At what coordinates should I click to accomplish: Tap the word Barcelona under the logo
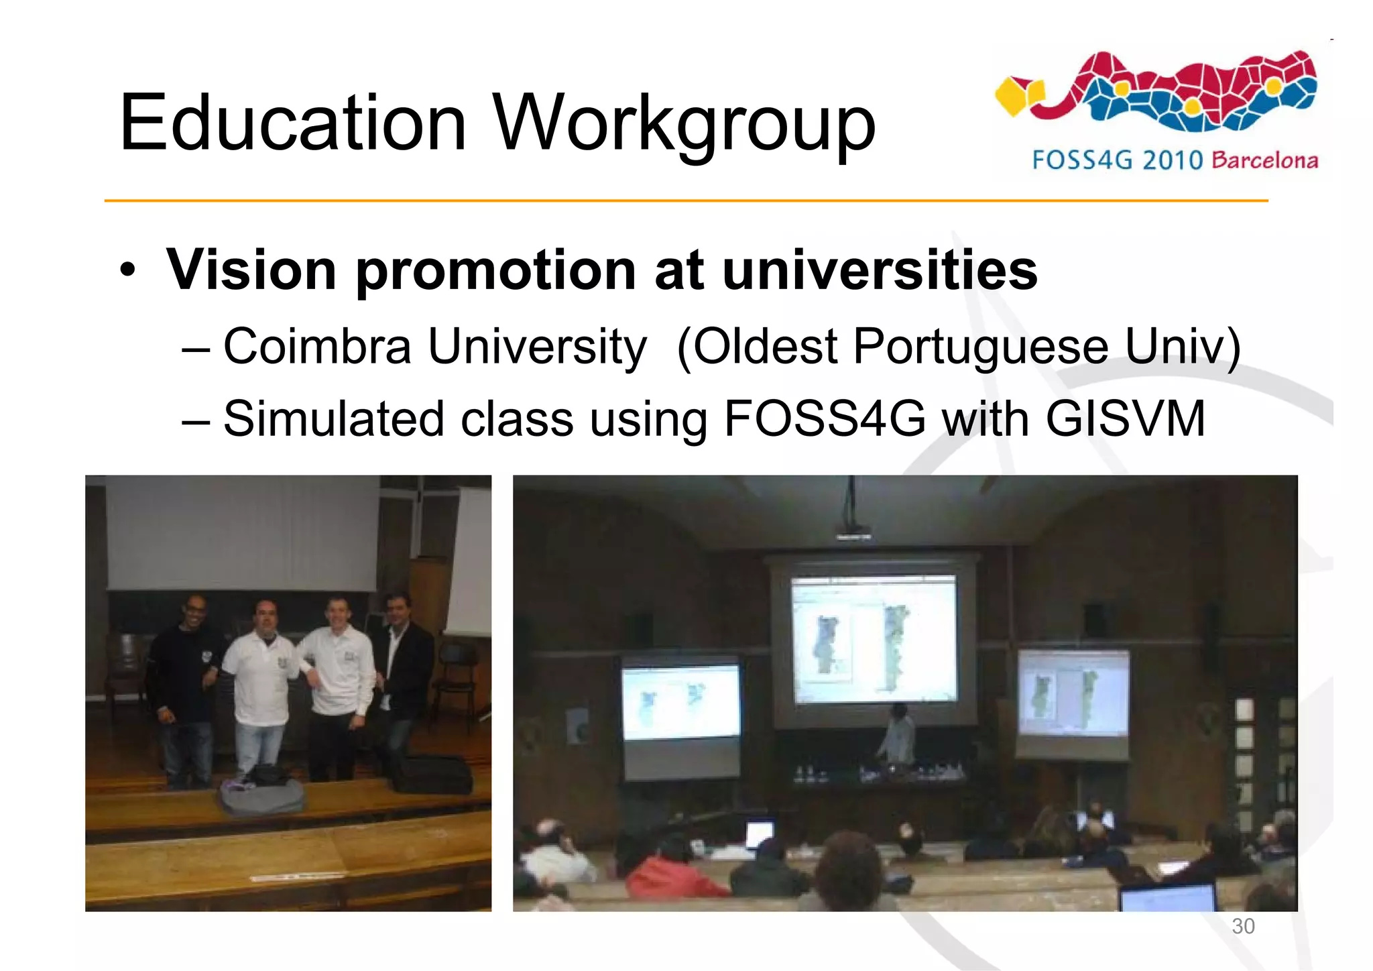[x=1265, y=161]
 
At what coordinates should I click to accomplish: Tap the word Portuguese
[x=981, y=347]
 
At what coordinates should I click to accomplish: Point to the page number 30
[x=1243, y=926]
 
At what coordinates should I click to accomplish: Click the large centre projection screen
[x=874, y=639]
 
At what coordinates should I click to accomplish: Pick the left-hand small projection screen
[x=680, y=702]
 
